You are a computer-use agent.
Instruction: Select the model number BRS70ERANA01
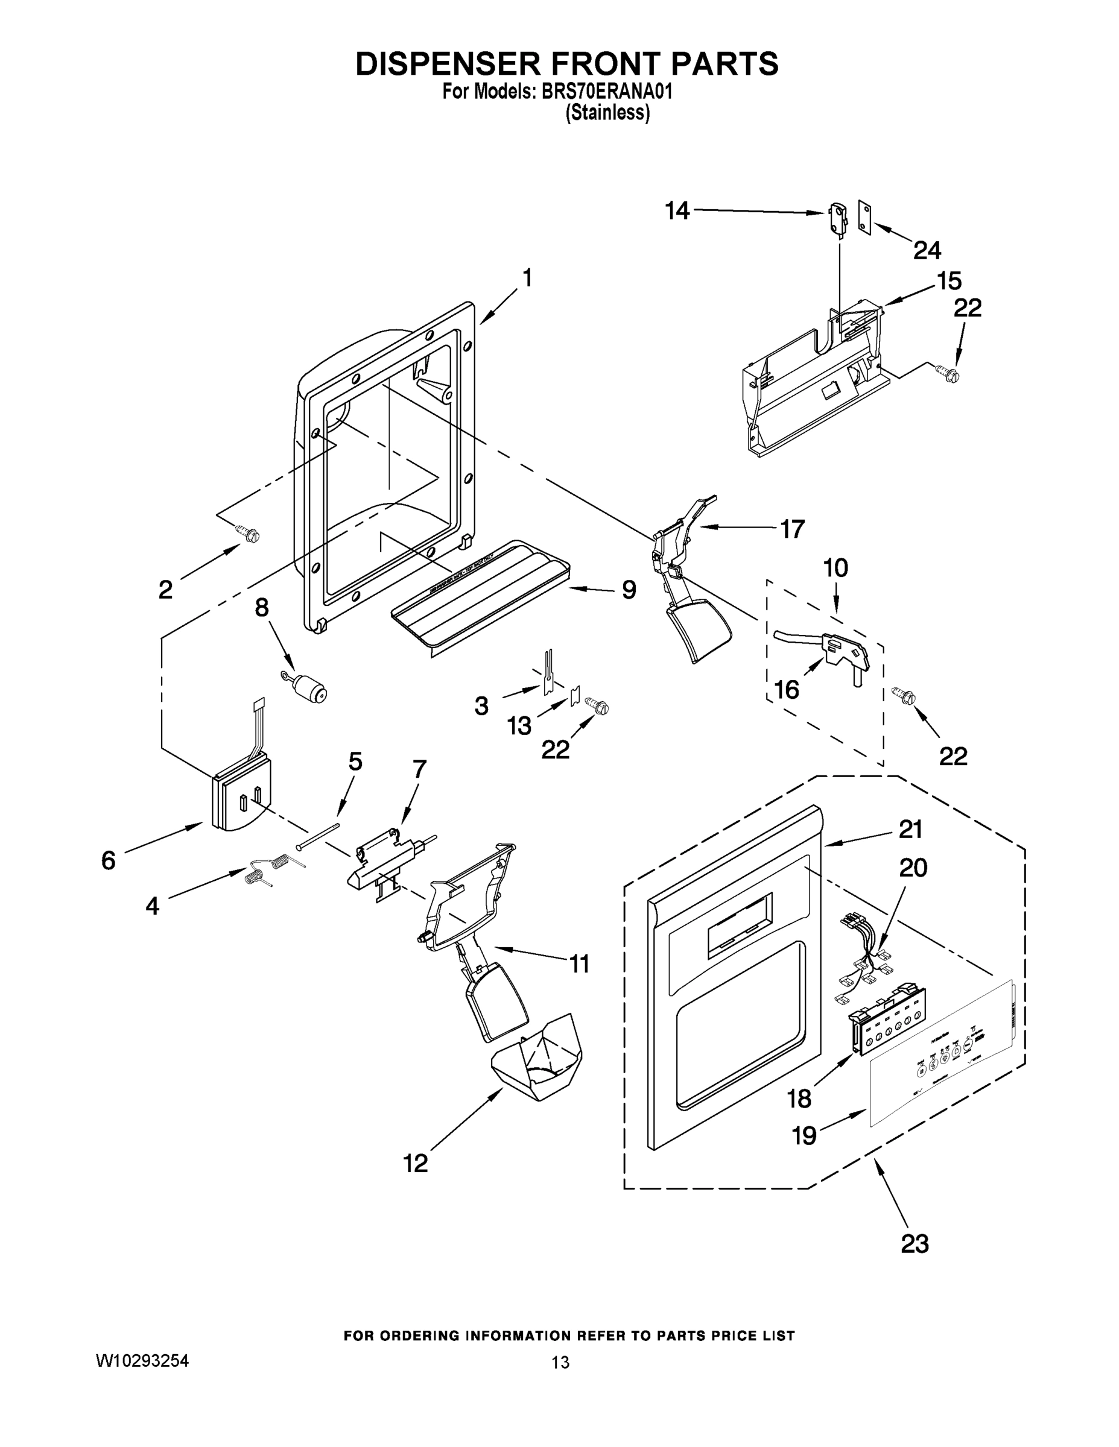click(607, 92)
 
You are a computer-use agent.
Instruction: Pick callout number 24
click(927, 250)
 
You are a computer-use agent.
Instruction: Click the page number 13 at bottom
click(560, 1362)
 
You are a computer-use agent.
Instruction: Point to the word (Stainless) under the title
click(607, 113)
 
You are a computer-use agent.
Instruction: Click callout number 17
click(792, 529)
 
